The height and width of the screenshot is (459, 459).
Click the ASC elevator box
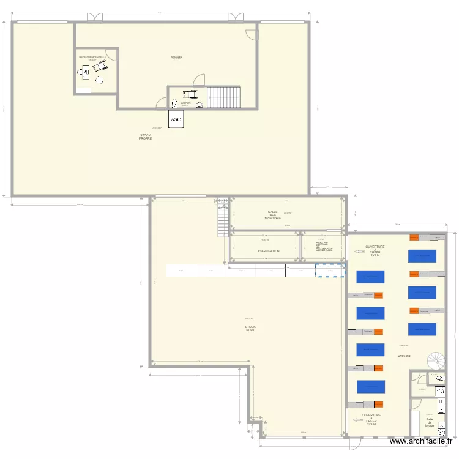coord(176,119)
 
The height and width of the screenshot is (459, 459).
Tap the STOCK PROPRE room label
coord(145,137)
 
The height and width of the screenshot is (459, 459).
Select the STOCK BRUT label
coord(250,329)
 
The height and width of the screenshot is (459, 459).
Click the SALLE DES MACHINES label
coord(273,215)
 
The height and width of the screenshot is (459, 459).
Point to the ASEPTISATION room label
coord(268,251)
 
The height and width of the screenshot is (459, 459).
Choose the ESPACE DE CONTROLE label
coord(324,247)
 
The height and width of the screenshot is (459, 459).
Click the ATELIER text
coord(404,356)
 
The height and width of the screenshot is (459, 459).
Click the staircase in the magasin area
coord(224,96)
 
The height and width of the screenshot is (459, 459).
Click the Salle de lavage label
coord(430,422)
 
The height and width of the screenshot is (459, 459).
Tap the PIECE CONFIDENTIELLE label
coord(92,57)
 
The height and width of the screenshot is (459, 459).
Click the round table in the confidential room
coord(99,80)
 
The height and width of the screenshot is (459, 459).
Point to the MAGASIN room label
coord(177,57)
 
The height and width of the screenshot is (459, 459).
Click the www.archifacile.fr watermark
coord(422,441)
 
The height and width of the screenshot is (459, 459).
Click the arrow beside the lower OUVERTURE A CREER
coord(356,420)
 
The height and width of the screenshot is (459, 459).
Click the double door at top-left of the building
coord(95,18)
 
